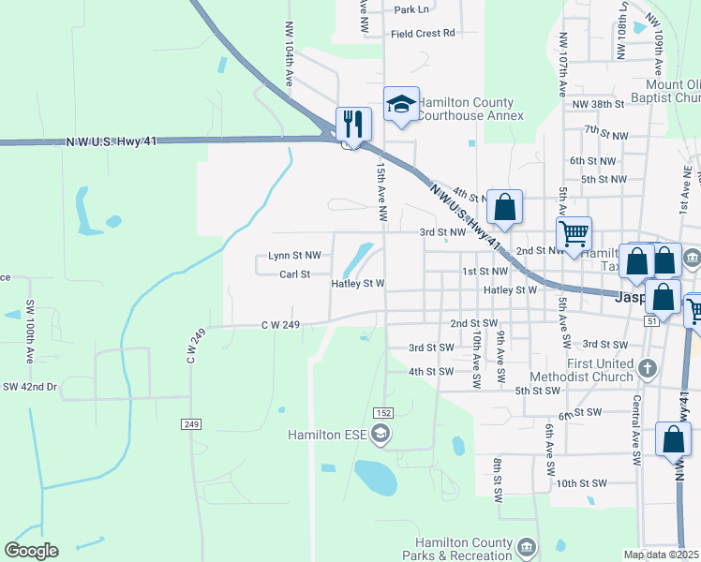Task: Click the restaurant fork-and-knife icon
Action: tap(354, 123)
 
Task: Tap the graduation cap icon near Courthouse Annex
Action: tap(401, 103)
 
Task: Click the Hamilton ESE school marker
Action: tap(380, 433)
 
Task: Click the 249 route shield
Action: tap(192, 424)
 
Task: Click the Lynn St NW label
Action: tap(294, 255)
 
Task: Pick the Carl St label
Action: tap(294, 274)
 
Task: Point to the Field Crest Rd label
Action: tap(423, 33)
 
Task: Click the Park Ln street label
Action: tap(411, 9)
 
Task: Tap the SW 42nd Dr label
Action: tap(30, 386)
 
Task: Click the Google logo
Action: tap(32, 551)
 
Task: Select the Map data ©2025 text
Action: tap(662, 555)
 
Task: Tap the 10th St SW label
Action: tap(581, 483)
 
